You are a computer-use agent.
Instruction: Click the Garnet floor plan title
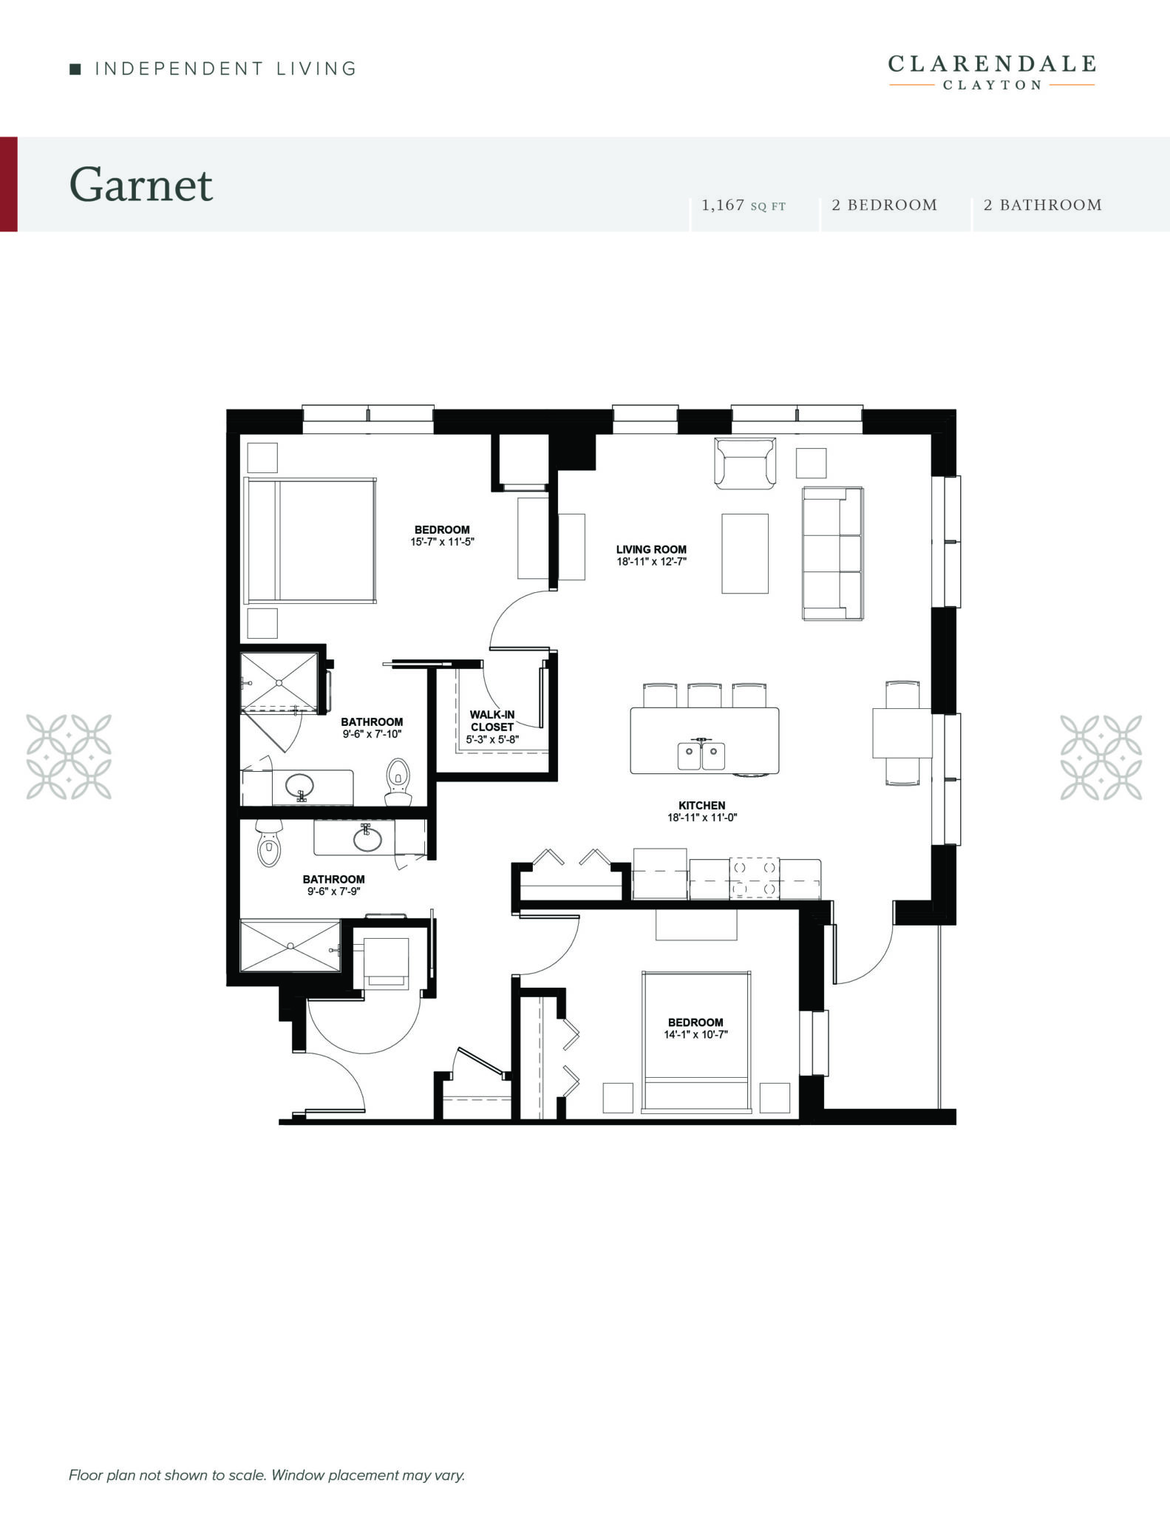coord(141,185)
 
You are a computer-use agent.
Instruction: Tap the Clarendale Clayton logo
coord(991,72)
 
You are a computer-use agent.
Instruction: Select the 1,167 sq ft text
coord(743,206)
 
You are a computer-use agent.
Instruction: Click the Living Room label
coord(651,549)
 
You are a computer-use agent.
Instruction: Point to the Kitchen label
coord(702,805)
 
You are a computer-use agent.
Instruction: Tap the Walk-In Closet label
coord(492,721)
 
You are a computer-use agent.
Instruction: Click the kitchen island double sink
coord(701,755)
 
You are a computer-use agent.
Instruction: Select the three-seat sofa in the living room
coord(833,553)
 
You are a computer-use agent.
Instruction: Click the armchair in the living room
coord(745,464)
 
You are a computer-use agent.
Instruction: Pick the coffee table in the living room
coord(745,553)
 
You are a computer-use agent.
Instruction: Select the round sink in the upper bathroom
coord(299,784)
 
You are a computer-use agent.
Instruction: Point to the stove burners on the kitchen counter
coord(754,878)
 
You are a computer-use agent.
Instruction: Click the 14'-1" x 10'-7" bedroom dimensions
coord(695,1034)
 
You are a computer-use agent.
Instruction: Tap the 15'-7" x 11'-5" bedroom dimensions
coord(442,541)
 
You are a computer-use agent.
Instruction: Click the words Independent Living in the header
coord(225,69)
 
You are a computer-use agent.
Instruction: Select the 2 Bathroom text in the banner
coord(1042,206)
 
